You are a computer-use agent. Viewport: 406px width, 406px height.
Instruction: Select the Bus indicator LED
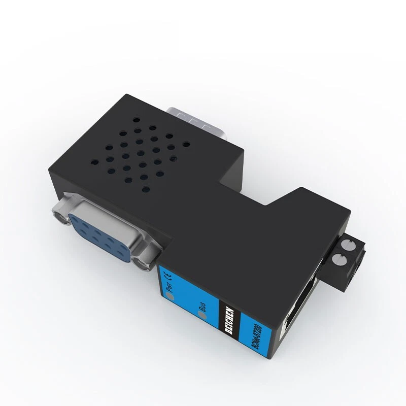pos(203,316)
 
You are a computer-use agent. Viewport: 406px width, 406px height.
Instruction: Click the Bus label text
pos(202,305)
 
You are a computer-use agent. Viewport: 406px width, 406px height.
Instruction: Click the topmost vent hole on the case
pos(137,121)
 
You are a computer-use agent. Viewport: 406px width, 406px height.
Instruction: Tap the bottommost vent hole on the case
pos(146,189)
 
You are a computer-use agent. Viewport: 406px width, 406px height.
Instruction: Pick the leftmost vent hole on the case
pos(94,163)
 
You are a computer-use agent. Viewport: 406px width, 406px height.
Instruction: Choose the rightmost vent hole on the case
pos(186,145)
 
